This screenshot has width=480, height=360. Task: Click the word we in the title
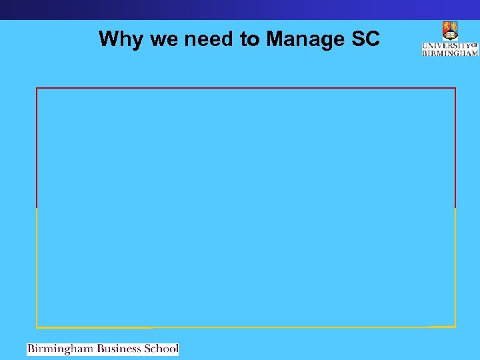pos(164,40)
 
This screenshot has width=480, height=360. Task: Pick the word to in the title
pos(250,40)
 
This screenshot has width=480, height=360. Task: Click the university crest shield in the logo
pos(450,31)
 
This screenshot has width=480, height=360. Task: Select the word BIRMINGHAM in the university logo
pos(450,53)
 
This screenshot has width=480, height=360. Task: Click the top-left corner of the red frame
pos(37,88)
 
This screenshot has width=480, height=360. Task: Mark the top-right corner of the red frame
pos(455,88)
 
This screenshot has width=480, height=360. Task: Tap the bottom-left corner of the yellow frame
pos(37,327)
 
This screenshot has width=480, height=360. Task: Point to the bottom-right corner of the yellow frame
pos(455,327)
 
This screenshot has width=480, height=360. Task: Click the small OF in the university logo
pos(475,45)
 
